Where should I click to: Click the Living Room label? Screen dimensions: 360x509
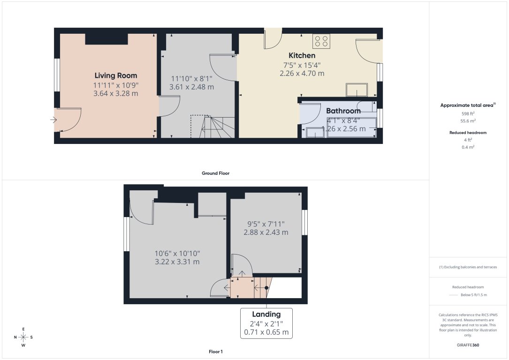116,75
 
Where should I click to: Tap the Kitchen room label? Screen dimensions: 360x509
302,55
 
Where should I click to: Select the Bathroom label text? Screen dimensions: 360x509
343,111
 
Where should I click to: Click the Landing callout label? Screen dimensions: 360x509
266,314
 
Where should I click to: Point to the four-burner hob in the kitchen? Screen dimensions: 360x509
321,41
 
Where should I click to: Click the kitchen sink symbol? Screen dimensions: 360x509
357,89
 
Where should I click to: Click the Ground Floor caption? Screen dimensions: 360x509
215,173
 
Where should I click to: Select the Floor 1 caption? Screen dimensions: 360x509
215,352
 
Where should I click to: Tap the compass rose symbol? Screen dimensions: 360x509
23,337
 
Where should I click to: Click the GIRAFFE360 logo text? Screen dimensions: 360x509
468,345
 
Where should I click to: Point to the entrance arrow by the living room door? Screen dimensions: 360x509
53,120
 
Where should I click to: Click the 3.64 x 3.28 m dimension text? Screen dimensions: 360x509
116,93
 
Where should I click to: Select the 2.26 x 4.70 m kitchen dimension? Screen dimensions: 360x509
302,74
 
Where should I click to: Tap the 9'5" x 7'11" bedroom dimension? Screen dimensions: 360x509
266,224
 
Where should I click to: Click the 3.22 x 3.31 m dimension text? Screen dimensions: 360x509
177,262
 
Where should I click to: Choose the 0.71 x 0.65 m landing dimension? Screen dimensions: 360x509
266,333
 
